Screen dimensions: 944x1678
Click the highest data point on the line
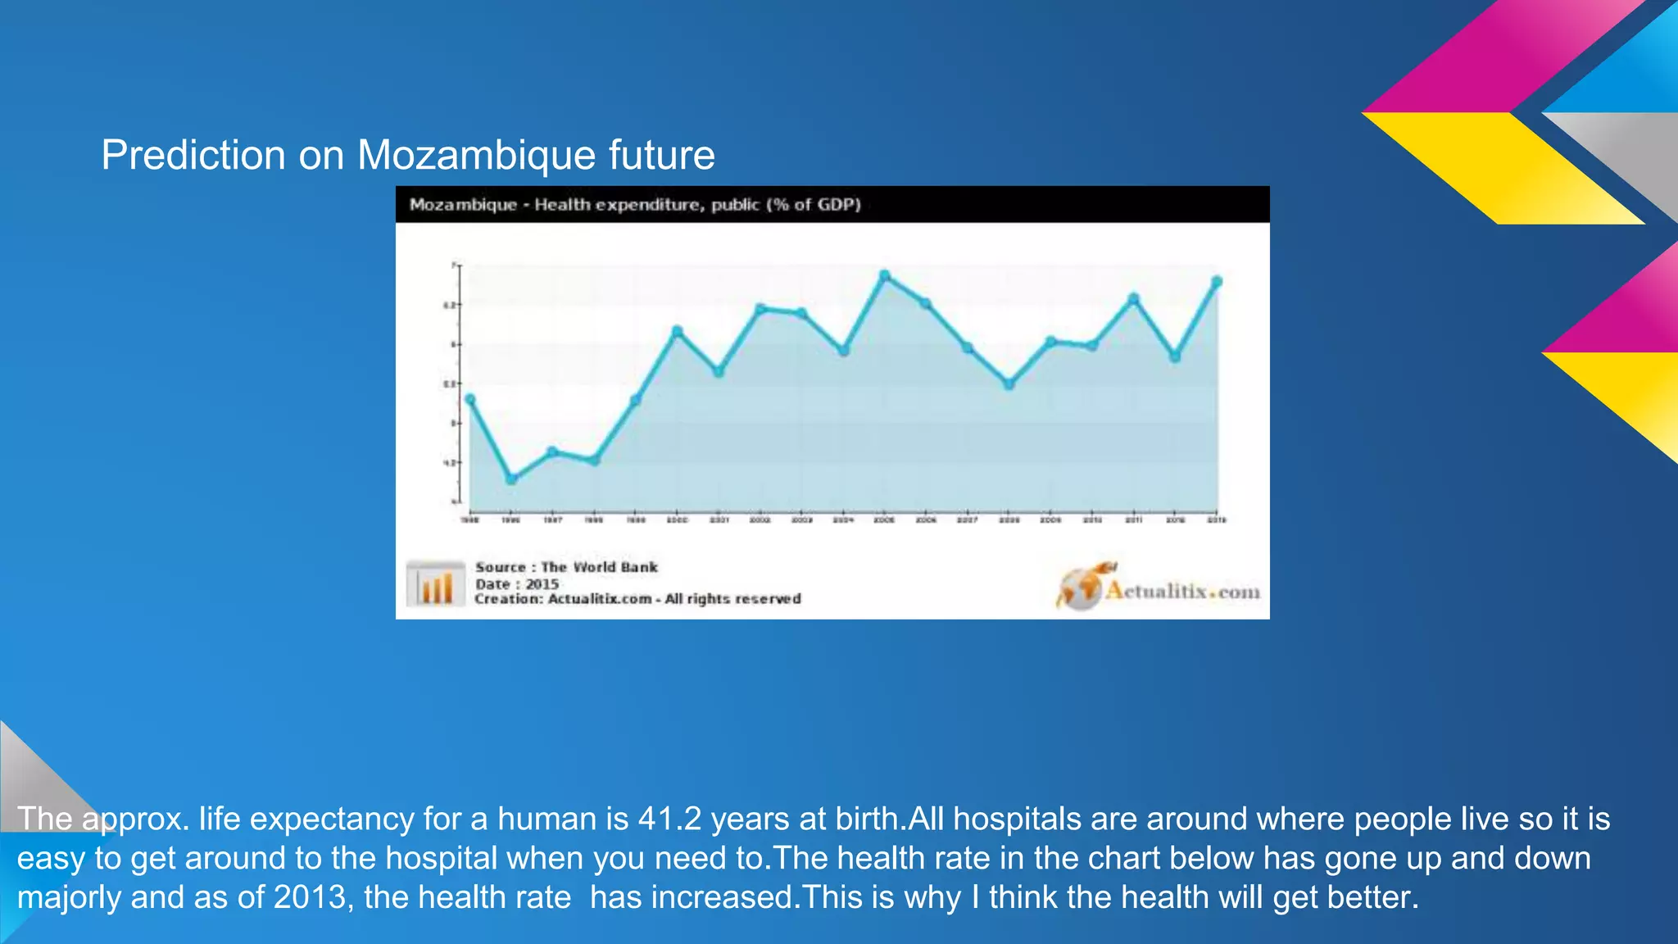(x=884, y=275)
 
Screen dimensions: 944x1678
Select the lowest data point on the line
(x=511, y=479)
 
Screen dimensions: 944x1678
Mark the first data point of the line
(x=469, y=400)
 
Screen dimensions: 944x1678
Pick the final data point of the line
(x=1217, y=282)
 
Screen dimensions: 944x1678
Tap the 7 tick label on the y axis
(x=453, y=265)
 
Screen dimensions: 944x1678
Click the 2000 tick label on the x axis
(x=677, y=520)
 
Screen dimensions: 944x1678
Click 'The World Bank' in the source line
(x=599, y=567)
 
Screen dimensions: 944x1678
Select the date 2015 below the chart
(x=542, y=584)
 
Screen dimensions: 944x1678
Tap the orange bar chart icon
(x=435, y=584)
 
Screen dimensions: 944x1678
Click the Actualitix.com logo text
(x=1182, y=592)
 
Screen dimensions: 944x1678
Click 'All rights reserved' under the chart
(x=732, y=599)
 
